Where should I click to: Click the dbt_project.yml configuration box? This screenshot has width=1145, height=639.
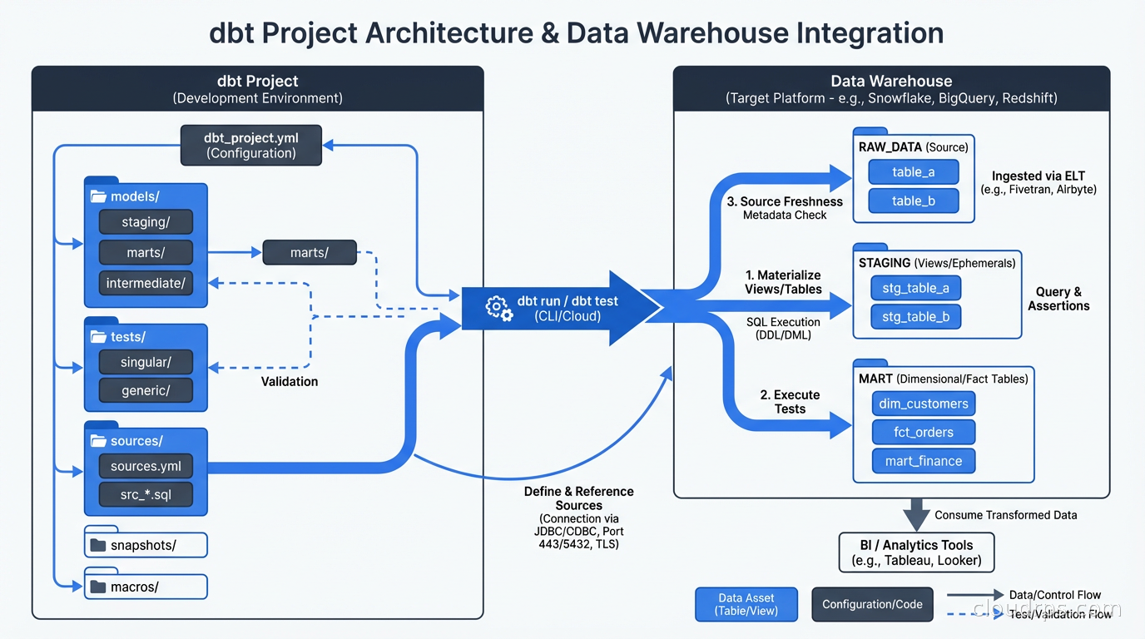pyautogui.click(x=251, y=145)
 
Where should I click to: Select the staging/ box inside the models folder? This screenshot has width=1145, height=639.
pyautogui.click(x=146, y=221)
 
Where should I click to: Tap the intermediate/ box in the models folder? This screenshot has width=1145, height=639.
pyautogui.click(x=146, y=283)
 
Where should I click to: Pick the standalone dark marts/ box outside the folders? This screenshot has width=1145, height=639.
pyautogui.click(x=310, y=252)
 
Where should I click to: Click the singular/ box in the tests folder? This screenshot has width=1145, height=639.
pyautogui.click(x=146, y=362)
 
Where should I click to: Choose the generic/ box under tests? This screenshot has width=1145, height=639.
pyautogui.click(x=146, y=390)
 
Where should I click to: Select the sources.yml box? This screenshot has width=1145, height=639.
pyautogui.click(x=146, y=466)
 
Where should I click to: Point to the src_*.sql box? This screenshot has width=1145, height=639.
pyautogui.click(x=146, y=495)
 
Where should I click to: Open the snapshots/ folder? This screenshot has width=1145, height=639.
pyautogui.click(x=146, y=546)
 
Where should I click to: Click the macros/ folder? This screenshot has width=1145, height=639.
pyautogui.click(x=146, y=587)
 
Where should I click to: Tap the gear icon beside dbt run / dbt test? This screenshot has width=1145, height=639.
pyautogui.click(x=499, y=308)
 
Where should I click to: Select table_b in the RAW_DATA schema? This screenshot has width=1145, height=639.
pyautogui.click(x=913, y=201)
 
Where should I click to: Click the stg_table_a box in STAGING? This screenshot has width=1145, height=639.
pyautogui.click(x=915, y=289)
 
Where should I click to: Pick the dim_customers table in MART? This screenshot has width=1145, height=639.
pyautogui.click(x=923, y=404)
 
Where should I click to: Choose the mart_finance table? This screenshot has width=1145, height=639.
pyautogui.click(x=923, y=461)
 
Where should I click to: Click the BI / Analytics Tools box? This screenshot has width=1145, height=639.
pyautogui.click(x=916, y=552)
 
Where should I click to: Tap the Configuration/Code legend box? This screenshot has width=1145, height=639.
pyautogui.click(x=872, y=604)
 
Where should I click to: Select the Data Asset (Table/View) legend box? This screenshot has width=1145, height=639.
pyautogui.click(x=746, y=604)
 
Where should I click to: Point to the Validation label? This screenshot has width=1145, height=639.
pyautogui.click(x=290, y=381)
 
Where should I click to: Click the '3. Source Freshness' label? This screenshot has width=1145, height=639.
pyautogui.click(x=785, y=201)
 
